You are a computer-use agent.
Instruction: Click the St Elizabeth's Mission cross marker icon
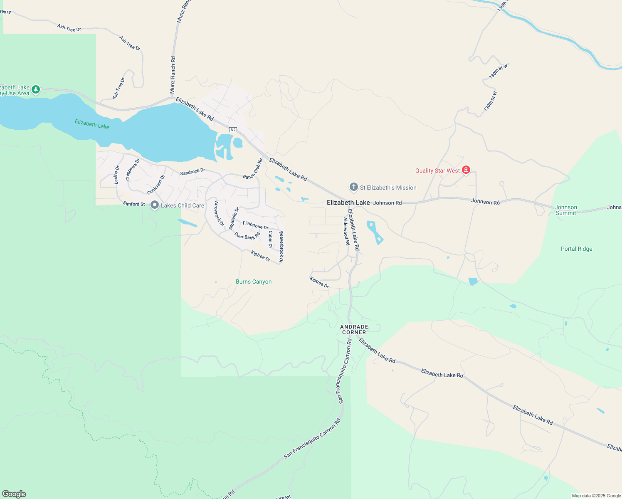[x=353, y=187]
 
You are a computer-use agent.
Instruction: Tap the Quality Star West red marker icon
[x=466, y=170]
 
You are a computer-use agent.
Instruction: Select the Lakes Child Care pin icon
[x=155, y=205]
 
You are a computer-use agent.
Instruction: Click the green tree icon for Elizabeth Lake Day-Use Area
[x=36, y=89]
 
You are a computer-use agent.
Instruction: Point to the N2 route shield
[x=233, y=130]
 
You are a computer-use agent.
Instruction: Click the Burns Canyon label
[x=254, y=282]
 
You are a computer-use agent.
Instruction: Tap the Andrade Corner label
[x=354, y=329]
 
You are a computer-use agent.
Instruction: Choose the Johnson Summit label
[x=566, y=210]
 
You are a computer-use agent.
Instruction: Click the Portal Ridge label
[x=576, y=249]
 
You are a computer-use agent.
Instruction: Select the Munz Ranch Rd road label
[x=173, y=75]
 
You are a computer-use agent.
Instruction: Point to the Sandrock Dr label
[x=193, y=171]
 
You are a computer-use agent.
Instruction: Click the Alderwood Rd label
[x=346, y=231]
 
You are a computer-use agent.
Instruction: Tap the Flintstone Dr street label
[x=255, y=225]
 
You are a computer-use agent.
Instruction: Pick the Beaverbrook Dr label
[x=281, y=247]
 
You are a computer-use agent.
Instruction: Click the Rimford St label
[x=134, y=204]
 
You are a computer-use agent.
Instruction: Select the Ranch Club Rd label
[x=253, y=169]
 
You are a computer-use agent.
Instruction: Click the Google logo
[x=14, y=494]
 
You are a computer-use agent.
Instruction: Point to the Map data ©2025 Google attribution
[x=596, y=496]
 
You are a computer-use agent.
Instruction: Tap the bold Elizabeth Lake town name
[x=348, y=203]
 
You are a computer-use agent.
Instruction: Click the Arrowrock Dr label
[x=219, y=214]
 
